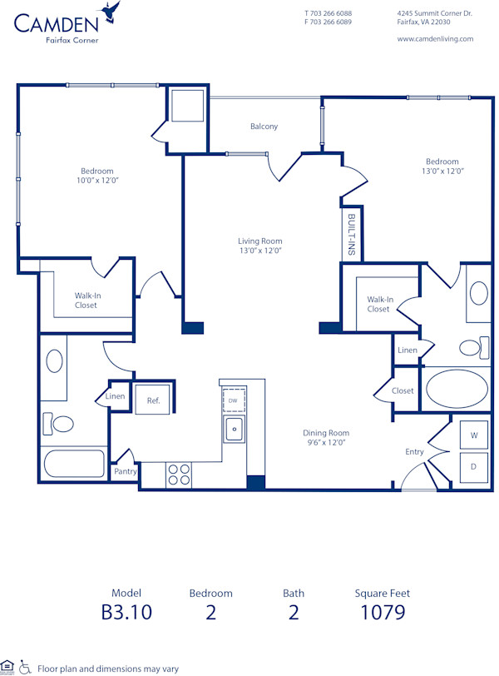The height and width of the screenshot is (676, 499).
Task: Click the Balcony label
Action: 264,127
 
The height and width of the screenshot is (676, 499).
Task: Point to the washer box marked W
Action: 474,435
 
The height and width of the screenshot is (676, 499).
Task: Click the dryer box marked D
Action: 474,466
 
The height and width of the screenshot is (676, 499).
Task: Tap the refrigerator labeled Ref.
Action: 153,400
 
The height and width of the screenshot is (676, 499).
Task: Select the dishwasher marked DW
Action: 234,400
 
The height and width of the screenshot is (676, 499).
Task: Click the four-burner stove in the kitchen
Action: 179,474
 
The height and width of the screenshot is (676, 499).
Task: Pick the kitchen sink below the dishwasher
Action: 234,430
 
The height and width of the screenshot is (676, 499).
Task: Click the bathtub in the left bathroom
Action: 72,464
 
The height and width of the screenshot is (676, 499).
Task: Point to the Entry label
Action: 414,452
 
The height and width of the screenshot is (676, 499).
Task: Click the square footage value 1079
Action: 383,613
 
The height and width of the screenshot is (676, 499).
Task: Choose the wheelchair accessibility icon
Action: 25,667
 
